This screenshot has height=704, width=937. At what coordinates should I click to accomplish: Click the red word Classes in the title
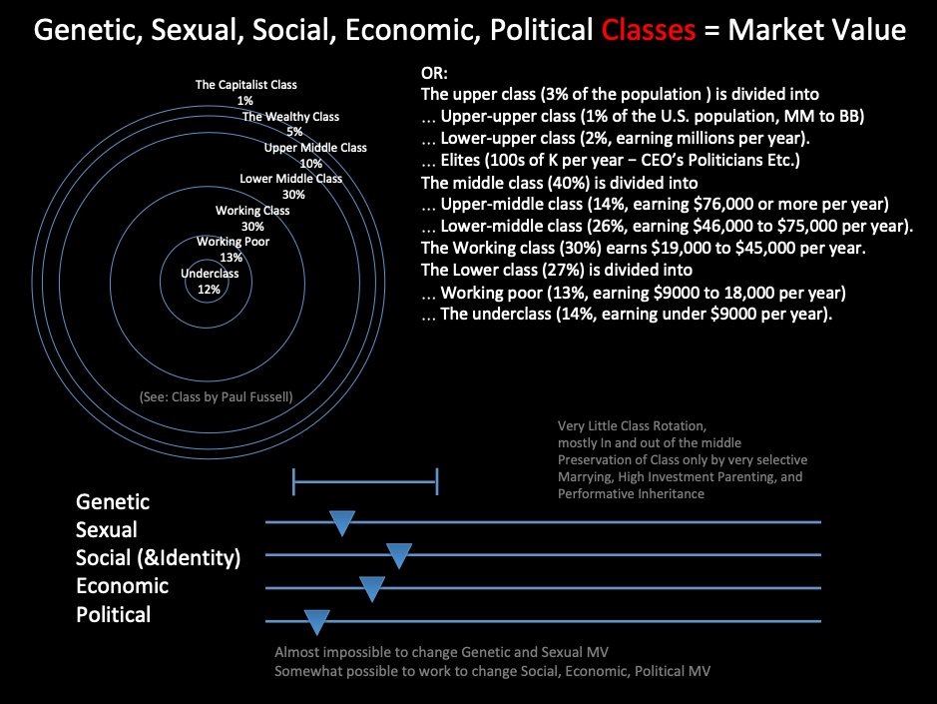(x=648, y=30)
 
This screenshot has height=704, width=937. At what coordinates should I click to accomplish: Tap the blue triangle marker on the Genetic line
(x=342, y=521)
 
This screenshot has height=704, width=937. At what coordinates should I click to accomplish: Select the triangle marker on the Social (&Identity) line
(x=399, y=555)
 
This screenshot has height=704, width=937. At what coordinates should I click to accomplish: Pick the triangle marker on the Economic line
(x=371, y=588)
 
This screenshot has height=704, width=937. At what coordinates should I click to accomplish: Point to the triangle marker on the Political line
(x=316, y=622)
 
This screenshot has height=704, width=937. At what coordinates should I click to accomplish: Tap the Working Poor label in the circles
(x=233, y=242)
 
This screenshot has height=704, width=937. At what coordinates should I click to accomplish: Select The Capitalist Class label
(x=245, y=86)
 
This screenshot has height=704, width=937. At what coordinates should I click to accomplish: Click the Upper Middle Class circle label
(x=315, y=148)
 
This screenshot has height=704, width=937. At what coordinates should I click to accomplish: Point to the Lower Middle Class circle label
(x=290, y=179)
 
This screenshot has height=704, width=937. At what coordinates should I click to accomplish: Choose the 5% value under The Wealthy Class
(x=293, y=132)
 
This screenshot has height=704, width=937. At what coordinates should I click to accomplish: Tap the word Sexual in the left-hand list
(x=107, y=529)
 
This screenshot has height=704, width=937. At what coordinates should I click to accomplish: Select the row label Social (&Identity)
(x=159, y=557)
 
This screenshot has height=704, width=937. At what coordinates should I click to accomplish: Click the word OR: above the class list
(x=435, y=75)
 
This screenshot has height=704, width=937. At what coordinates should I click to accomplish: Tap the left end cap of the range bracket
(x=294, y=481)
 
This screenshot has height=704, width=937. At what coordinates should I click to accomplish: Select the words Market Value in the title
(x=816, y=30)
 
